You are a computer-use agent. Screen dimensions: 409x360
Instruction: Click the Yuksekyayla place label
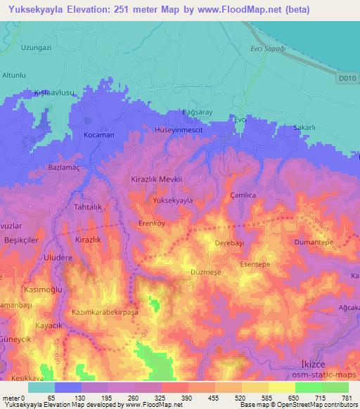tap(172, 200)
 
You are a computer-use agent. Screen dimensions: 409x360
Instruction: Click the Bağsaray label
tap(197, 112)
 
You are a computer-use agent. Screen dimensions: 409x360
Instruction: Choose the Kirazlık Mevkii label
tap(157, 179)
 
